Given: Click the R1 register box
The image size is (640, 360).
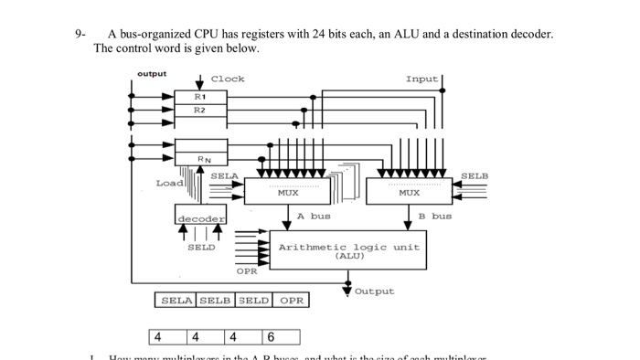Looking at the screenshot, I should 200,96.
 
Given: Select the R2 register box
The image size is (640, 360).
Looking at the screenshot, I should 200,110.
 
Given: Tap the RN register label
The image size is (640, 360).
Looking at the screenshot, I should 204,159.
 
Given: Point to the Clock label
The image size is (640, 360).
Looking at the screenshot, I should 228,79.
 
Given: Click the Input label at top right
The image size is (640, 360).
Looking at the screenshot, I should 421,79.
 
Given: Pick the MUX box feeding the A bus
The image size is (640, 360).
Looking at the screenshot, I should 287,192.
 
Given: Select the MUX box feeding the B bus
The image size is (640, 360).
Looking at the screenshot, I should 409,192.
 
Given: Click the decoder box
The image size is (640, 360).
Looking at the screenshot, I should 200,218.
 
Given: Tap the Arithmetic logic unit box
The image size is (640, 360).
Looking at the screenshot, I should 348,249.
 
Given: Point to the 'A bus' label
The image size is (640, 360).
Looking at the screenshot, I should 314,217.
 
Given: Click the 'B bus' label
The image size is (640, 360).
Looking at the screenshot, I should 434,217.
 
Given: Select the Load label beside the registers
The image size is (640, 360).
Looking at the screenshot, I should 169,183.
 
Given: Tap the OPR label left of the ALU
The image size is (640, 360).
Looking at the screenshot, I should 247,271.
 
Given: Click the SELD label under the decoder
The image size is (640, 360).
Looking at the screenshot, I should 201,247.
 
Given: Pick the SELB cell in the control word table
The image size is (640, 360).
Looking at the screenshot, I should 215,300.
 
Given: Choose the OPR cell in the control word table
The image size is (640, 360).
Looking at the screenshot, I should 291,300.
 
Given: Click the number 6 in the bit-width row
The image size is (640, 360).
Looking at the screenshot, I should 271,338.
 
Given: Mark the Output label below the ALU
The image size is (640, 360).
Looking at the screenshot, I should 375,291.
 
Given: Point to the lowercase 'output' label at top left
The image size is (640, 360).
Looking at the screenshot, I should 152,73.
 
